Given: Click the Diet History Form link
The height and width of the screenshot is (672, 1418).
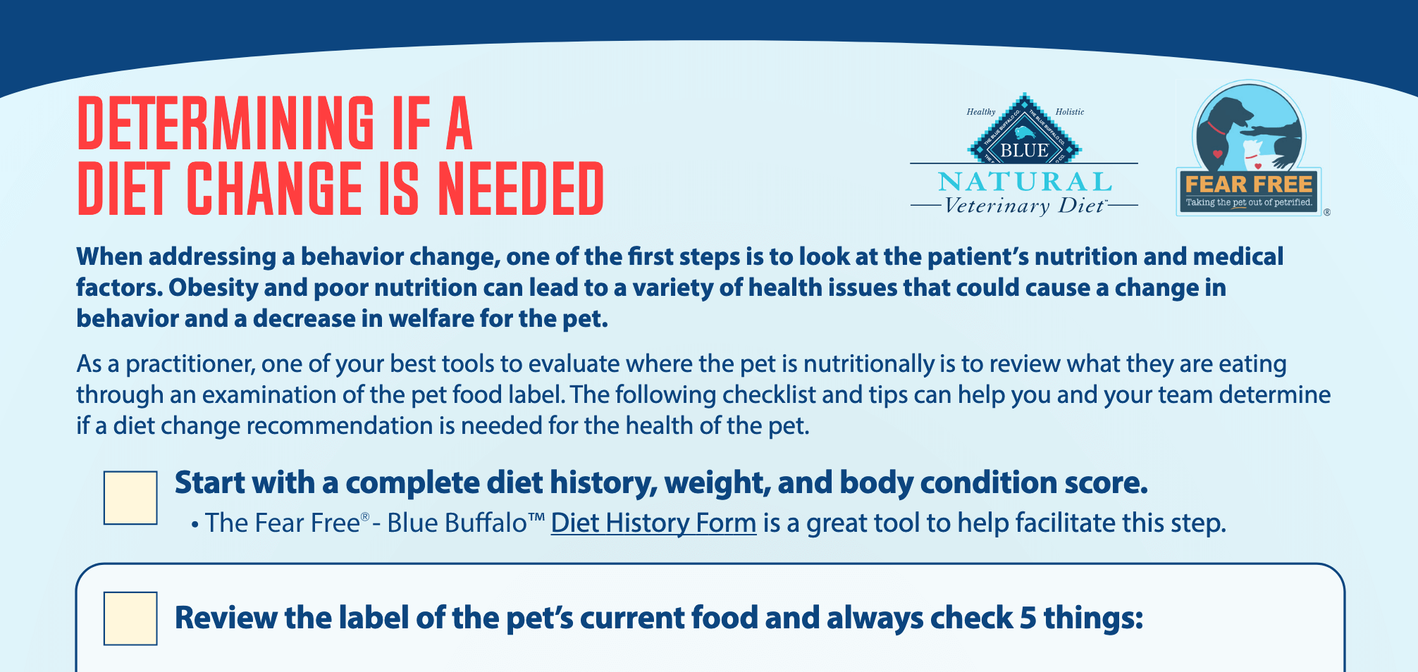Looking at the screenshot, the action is [x=653, y=523].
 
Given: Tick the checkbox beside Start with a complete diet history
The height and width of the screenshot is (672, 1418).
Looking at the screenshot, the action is [x=130, y=498].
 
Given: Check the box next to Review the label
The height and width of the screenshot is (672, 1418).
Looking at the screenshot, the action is [x=130, y=618].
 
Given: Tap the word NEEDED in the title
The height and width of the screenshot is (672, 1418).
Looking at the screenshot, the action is [x=521, y=188].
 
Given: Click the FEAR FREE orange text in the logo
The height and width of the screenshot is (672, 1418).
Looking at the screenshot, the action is [x=1249, y=185].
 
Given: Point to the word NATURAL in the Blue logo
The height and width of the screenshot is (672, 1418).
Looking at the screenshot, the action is [x=1025, y=182].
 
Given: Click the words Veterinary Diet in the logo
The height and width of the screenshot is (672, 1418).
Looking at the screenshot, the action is [x=1024, y=206].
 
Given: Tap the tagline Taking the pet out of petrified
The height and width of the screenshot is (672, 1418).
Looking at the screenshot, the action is [x=1249, y=202].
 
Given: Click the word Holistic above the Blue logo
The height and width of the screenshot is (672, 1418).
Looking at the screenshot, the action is [x=1070, y=112].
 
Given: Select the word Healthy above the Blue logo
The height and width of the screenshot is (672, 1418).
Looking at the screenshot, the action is [x=981, y=112].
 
